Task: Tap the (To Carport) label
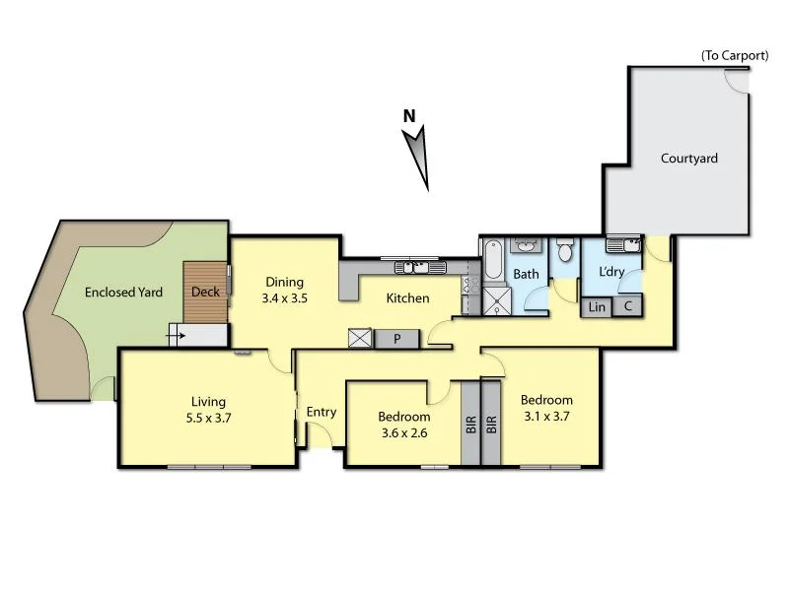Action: pos(734,56)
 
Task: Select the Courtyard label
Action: pos(688,159)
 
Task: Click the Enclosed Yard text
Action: pos(122,293)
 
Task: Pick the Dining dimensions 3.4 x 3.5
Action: pos(283,298)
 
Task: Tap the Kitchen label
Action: pos(406,298)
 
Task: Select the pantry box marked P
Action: pos(396,338)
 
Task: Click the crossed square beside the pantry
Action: pos(360,339)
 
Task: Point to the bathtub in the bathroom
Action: pos(492,265)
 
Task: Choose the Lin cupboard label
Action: pos(597,307)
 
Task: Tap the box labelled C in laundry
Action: pos(627,307)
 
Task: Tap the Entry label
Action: pos(322,413)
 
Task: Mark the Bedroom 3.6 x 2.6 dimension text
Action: pos(404,432)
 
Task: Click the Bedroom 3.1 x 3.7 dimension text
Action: pos(546,416)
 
